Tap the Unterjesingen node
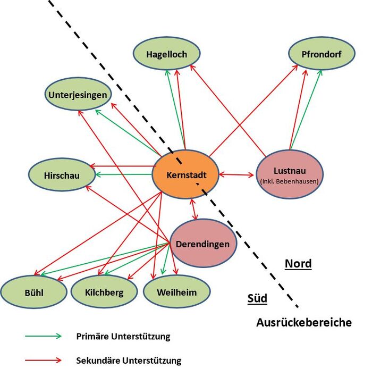78,95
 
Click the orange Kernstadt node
185,174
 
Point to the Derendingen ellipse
202,244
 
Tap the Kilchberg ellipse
104,292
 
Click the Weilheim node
176,292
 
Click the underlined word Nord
298,264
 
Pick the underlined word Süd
257,298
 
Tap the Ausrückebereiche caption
303,322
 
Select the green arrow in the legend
43,337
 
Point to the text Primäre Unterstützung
123,337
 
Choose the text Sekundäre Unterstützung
129,361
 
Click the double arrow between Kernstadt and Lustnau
237,174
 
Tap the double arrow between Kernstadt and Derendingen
195,210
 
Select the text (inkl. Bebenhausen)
289,181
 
